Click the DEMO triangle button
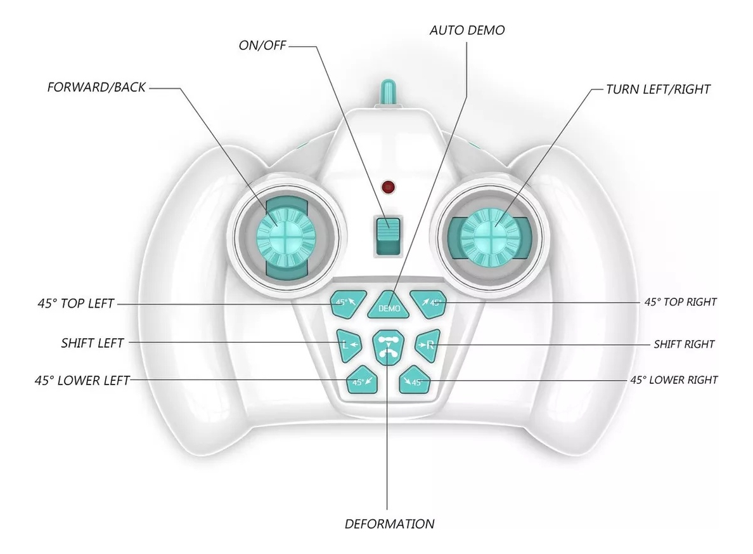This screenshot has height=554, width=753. (x=389, y=306)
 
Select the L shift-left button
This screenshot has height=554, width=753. (x=348, y=345)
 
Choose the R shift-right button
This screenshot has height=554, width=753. (x=427, y=345)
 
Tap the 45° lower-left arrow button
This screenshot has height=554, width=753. (x=363, y=380)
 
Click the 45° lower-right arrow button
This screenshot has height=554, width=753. (x=415, y=380)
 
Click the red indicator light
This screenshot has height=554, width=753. (x=388, y=187)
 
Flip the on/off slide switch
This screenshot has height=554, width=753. (x=387, y=235)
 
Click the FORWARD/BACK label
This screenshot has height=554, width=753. (x=96, y=88)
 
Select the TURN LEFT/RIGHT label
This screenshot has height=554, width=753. (x=658, y=89)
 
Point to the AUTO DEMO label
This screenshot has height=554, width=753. (x=467, y=30)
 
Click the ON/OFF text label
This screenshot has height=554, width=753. (x=262, y=45)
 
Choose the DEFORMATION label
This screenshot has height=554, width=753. (x=389, y=524)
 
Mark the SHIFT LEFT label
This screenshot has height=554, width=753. (x=93, y=343)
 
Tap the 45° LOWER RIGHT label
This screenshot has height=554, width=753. (x=674, y=380)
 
